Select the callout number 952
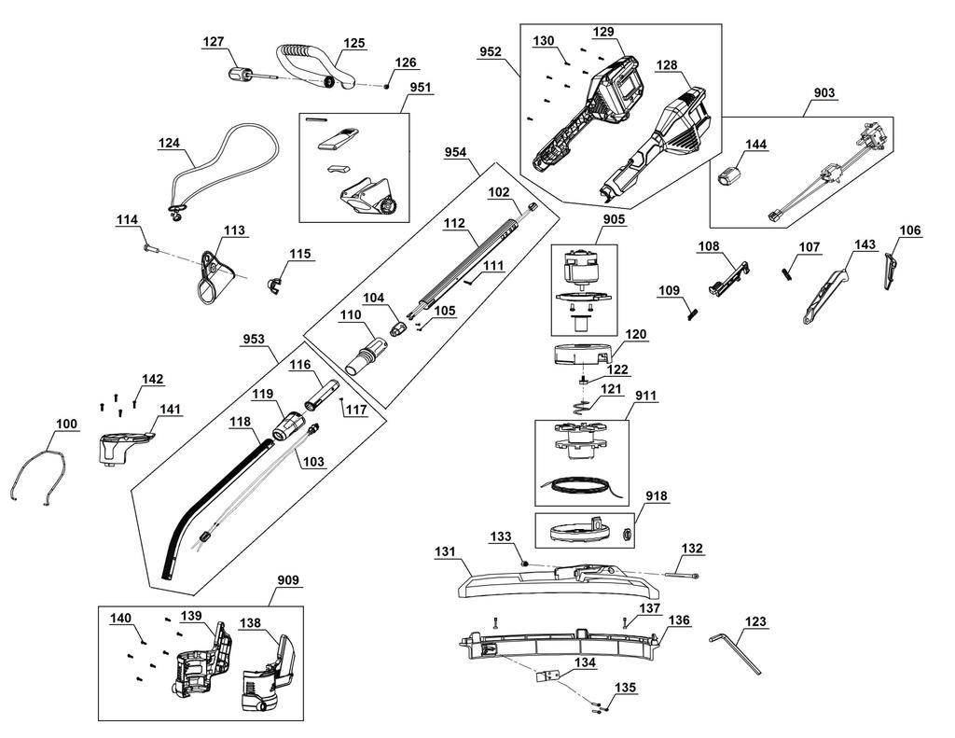(x=491, y=53)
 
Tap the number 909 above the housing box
(x=290, y=579)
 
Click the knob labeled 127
(x=241, y=73)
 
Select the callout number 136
(x=679, y=620)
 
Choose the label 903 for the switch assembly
(x=824, y=93)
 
